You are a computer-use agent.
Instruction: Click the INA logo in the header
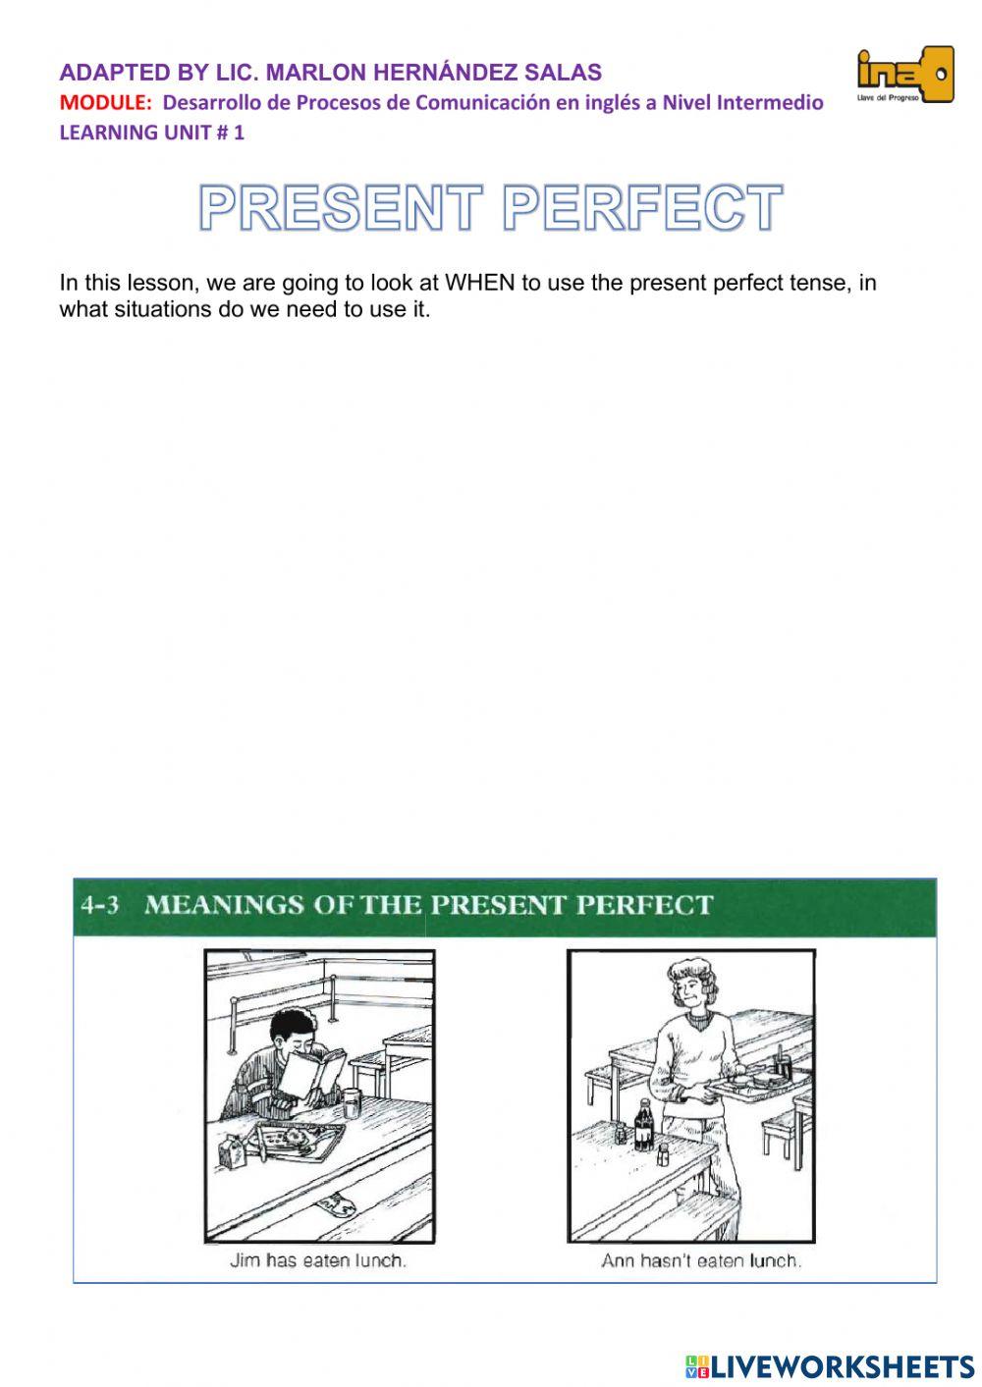click(x=904, y=75)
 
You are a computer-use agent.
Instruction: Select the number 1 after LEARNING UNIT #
click(x=239, y=133)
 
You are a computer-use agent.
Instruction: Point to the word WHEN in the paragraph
click(x=480, y=283)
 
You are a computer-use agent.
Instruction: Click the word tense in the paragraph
click(x=819, y=283)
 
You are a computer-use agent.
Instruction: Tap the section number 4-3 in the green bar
click(x=100, y=904)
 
